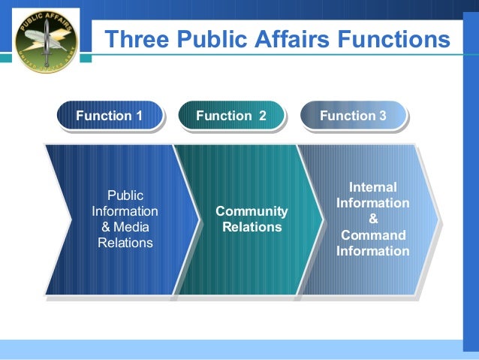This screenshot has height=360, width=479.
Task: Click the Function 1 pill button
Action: coord(110,116)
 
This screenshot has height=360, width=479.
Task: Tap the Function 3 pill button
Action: coord(352,116)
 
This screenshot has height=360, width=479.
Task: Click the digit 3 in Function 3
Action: coord(383,116)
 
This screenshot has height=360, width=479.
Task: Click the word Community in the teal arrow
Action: coord(252,212)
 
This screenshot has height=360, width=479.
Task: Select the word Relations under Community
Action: coord(252,227)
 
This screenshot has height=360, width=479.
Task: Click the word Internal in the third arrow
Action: coord(373,187)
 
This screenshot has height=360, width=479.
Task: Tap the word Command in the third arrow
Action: coord(373,235)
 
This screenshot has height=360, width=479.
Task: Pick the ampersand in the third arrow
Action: coord(373,219)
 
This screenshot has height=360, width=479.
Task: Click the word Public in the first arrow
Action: coord(125,195)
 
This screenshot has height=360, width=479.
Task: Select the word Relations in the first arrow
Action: coord(125,243)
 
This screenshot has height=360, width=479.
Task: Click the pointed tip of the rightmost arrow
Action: coord(439,220)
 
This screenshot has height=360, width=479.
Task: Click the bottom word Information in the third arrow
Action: coord(373,251)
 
